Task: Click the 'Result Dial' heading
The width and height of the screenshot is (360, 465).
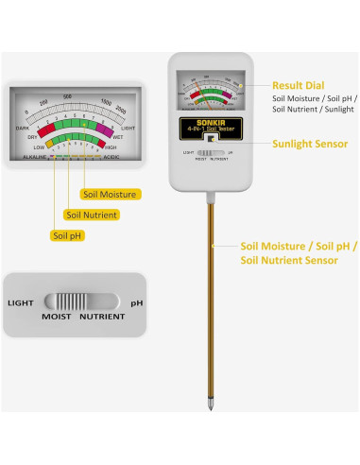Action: click(x=300, y=84)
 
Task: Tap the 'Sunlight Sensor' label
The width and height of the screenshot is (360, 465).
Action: click(x=310, y=144)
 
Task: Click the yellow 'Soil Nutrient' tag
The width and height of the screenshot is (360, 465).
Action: click(x=92, y=215)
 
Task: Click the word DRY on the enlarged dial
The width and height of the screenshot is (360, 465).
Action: click(x=31, y=136)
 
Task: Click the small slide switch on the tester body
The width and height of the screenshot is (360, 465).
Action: click(x=208, y=152)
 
